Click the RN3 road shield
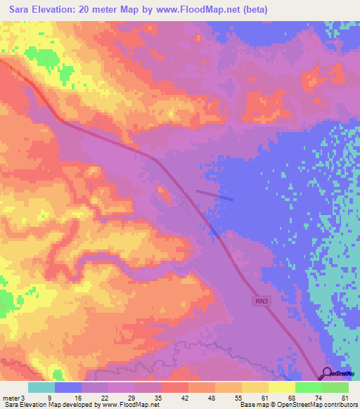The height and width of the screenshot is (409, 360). tap(261, 300)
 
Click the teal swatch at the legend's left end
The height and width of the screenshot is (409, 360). tap(41, 387)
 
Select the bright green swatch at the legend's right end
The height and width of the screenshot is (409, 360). tap(335, 387)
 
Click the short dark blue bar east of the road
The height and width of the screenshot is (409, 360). tap(214, 194)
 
